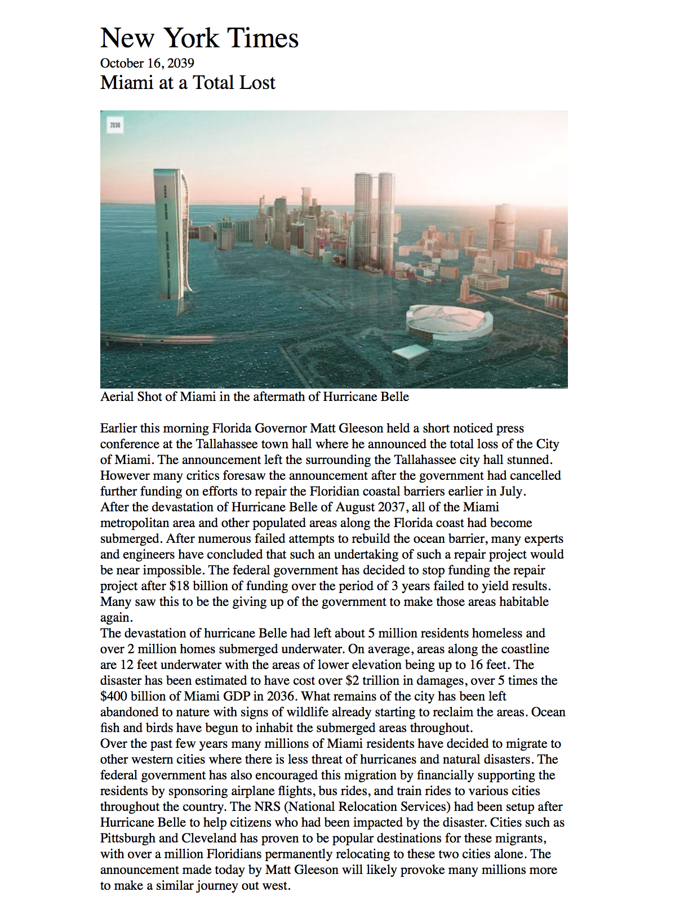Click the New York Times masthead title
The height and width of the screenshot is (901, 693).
pyautogui.click(x=199, y=38)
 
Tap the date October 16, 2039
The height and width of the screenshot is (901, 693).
pyautogui.click(x=147, y=63)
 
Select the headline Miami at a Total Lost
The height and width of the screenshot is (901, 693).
pyautogui.click(x=188, y=83)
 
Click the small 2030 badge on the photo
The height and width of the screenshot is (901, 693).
pyautogui.click(x=115, y=125)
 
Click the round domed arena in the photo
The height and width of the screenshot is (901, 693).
pyautogui.click(x=450, y=325)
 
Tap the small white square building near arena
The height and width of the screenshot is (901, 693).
pyautogui.click(x=411, y=353)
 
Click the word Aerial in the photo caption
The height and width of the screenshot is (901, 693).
pyautogui.click(x=117, y=396)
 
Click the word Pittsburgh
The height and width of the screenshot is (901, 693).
pyautogui.click(x=127, y=838)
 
